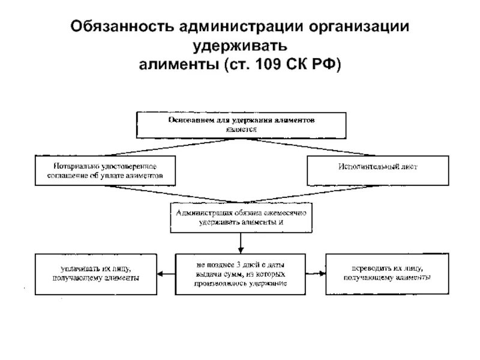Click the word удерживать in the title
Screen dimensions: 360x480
[239, 45]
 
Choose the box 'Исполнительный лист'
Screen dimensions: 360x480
[377, 170]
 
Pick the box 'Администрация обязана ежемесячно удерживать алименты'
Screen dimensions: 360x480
[241, 217]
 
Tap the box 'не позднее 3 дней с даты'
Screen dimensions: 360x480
[241, 274]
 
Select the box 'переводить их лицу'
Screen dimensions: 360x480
[385, 274]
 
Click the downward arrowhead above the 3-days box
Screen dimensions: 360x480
[241, 248]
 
